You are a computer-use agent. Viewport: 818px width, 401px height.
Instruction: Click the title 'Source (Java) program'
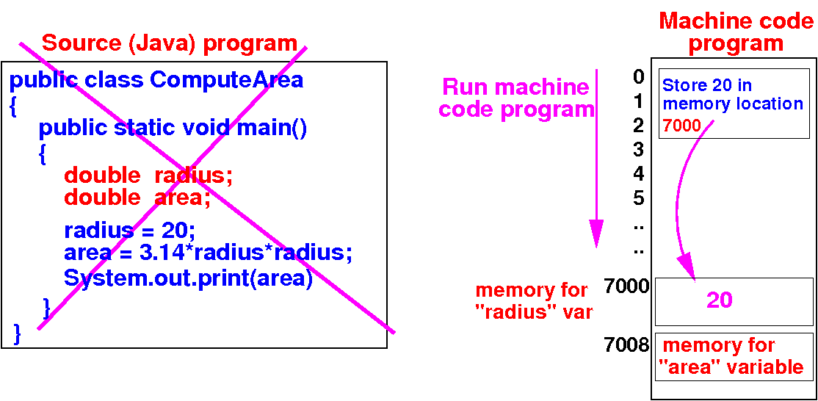pos(169,43)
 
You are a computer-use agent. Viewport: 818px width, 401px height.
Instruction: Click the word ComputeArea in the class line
pos(226,79)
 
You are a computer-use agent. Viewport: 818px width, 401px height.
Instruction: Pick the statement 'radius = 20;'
pos(129,231)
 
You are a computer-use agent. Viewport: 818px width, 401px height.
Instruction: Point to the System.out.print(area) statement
pos(188,279)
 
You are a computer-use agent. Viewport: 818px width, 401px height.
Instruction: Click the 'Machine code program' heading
pos(736,32)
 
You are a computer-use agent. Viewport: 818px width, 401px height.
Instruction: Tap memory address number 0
pos(638,77)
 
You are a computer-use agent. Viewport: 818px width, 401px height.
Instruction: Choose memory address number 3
pos(638,150)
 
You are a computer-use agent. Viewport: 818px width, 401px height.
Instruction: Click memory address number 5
pos(638,198)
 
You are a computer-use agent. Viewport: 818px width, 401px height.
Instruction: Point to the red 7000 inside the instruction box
pos(681,126)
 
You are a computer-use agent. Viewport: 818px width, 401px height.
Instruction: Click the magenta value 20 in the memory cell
pos(720,300)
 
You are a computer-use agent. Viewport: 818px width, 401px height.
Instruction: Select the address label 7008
pos(626,344)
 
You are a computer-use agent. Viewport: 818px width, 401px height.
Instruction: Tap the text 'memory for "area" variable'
pos(733,356)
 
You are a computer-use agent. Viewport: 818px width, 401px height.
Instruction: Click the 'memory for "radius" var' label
pos(534,301)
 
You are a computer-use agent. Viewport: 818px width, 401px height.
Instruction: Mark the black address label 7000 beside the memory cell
pos(626,286)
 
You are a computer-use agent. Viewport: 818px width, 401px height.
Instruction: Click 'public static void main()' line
pos(173,129)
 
